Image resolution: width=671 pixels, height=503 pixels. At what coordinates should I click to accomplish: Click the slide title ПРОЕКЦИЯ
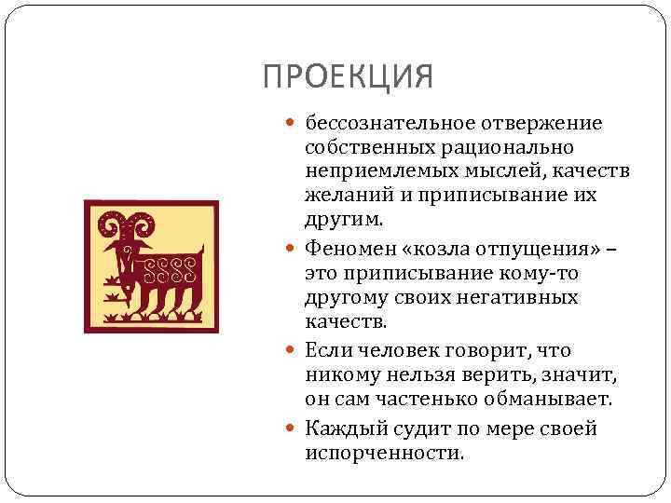click(x=348, y=76)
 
